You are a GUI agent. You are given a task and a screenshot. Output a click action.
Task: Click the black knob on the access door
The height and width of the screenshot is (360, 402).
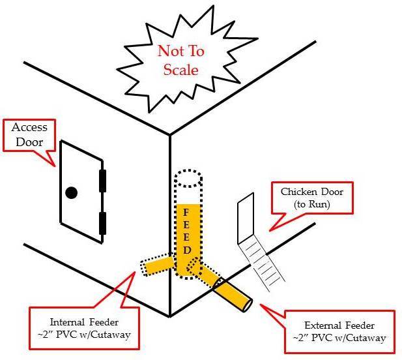[71, 192]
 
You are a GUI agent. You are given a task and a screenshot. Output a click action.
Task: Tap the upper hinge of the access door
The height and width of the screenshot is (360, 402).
[102, 181]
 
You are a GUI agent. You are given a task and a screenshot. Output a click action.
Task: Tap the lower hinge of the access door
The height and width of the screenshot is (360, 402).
[102, 222]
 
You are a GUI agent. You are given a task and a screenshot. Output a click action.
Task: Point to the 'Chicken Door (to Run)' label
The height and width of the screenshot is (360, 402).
[312, 198]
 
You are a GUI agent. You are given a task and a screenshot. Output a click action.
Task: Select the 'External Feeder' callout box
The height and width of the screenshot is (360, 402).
[336, 331]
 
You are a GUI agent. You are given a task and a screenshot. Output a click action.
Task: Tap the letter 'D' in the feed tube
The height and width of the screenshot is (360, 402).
[186, 250]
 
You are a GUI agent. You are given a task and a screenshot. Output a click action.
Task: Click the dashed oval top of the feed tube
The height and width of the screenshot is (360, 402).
[188, 177]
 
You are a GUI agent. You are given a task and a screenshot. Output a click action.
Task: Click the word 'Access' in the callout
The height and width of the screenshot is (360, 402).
[26, 128]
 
